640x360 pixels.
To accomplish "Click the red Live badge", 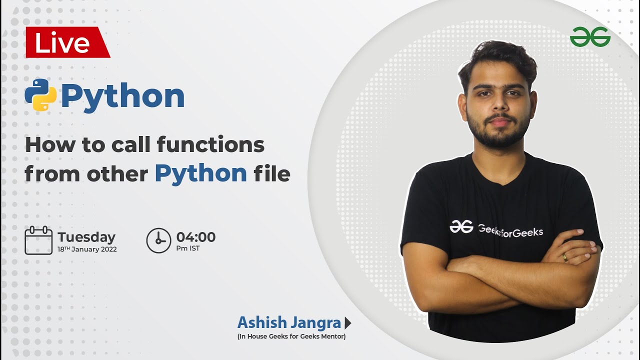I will coord(65,42).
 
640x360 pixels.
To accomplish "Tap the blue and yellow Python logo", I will coord(40,95).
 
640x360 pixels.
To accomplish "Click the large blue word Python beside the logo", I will coord(123,96).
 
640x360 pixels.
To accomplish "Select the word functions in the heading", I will coord(210,145).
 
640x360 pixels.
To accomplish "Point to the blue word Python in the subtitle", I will coord(200,173).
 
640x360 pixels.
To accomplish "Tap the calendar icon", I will coord(38,240).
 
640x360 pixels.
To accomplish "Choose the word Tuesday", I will coord(86,237).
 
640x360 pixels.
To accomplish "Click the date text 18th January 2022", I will coord(87,249).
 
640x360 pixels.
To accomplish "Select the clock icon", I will coord(158,240).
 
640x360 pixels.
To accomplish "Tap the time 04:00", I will coord(196,237).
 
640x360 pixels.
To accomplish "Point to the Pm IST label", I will coord(188,248).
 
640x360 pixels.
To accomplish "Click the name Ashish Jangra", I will coord(289,322).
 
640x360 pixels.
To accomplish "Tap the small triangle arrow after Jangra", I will coord(348,323).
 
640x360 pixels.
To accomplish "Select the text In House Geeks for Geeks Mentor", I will coord(291,336).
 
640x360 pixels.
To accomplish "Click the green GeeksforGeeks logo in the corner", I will coord(590,37).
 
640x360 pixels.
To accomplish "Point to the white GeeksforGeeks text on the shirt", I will coord(510,230).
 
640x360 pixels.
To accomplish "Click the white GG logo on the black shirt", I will coord(461,226).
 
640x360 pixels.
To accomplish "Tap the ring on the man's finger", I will coord(565,257).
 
